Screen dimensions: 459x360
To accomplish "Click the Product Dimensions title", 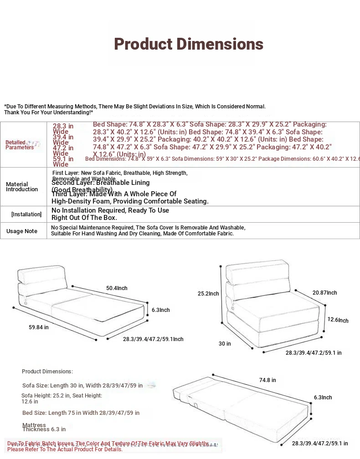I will [189, 44].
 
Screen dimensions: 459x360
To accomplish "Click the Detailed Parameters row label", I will [19, 145].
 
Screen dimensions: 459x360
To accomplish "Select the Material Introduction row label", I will [22, 187].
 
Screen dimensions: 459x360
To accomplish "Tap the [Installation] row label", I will [26, 214].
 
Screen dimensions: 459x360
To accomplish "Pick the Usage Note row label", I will [22, 231].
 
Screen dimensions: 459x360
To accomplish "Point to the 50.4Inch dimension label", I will [117, 288].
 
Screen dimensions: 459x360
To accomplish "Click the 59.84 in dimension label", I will [38, 327].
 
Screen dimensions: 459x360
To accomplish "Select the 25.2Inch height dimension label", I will [208, 294].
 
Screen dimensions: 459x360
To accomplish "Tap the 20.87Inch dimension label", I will [325, 293].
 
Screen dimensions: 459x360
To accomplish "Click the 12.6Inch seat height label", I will [338, 320].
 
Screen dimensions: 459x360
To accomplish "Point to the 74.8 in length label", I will [267, 380].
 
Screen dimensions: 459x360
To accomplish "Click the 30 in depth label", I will [225, 344].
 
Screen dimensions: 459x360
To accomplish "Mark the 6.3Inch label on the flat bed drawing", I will [323, 398].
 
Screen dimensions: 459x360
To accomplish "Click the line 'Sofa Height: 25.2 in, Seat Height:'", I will [62, 396].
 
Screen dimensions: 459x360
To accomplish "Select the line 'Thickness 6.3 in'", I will [44, 429].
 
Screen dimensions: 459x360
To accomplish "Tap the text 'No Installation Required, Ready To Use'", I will [110, 210].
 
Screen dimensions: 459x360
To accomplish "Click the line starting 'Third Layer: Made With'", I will [114, 194].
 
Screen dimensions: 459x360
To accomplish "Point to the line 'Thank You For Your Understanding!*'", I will [49, 112].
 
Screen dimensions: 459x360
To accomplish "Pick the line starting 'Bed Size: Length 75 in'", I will [81, 413].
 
